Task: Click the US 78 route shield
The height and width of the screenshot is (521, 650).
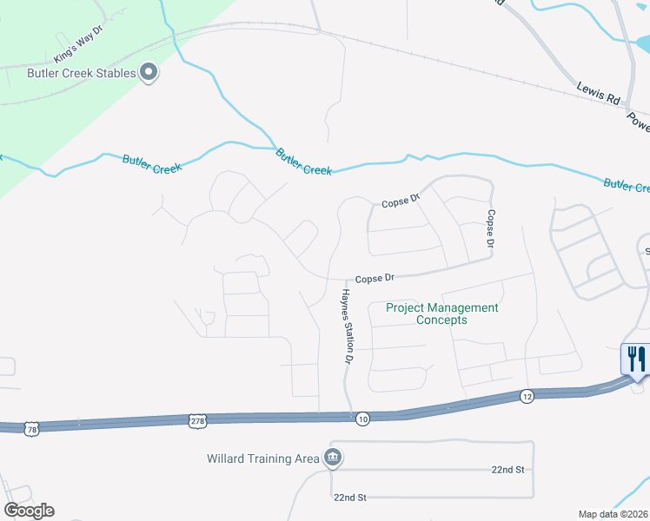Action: [32, 429]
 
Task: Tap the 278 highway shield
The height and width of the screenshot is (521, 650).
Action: [197, 421]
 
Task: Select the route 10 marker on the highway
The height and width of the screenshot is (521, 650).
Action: [362, 419]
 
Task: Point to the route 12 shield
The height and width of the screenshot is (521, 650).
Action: [527, 396]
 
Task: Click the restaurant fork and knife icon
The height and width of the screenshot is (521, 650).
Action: [637, 358]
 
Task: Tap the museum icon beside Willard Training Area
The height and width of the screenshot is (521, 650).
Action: [331, 458]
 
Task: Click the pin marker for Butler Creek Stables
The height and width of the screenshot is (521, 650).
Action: [149, 73]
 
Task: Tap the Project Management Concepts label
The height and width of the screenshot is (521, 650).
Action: [442, 313]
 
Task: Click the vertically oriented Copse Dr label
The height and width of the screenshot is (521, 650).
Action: [491, 229]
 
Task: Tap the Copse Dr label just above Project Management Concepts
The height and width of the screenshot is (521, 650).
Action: [375, 279]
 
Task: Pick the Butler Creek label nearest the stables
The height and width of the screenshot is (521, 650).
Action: [151, 164]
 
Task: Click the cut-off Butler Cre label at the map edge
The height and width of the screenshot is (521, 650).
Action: [627, 185]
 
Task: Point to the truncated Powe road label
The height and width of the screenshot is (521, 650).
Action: [639, 122]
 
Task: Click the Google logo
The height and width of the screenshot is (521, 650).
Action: [29, 511]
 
